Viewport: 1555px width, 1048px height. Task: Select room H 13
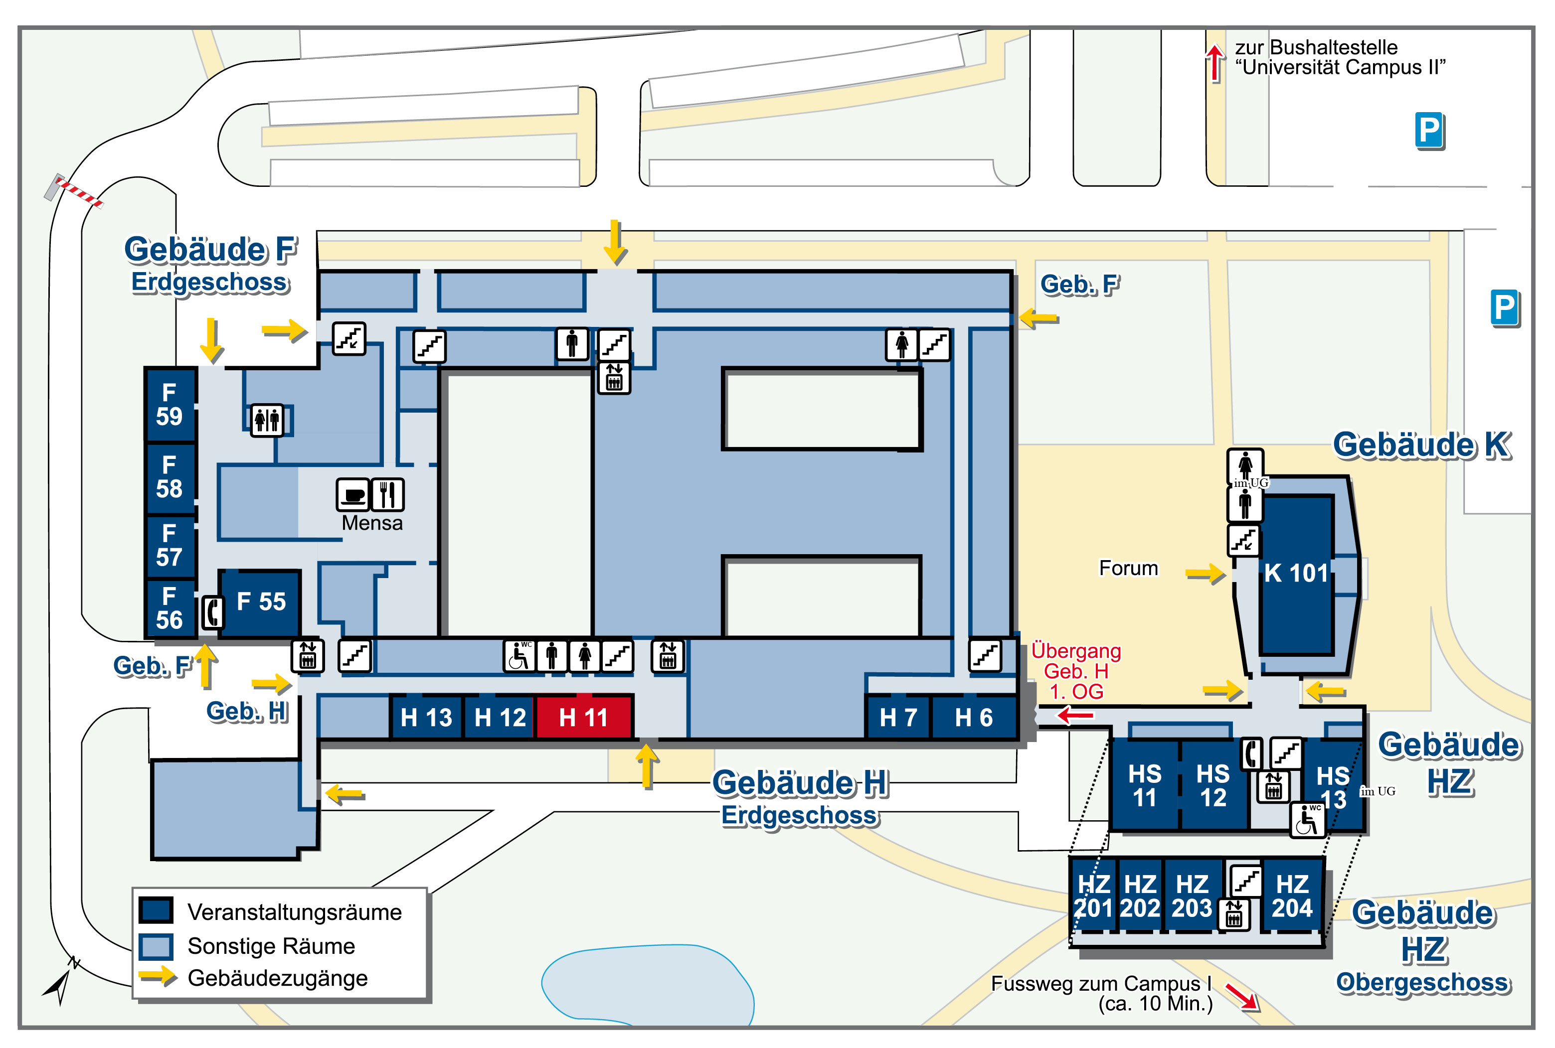pos(427,717)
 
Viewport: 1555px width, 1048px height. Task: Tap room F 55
pos(261,602)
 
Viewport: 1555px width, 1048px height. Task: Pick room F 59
pos(170,404)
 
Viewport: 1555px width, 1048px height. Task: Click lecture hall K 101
pos(1296,574)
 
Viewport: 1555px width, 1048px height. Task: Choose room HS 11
pos(1145,785)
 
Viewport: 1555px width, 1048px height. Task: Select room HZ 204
pos(1292,897)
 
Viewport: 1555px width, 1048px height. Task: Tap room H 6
pos(973,717)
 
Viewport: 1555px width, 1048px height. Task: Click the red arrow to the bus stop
pos(1214,63)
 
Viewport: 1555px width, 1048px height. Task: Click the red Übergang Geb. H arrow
pos(1074,716)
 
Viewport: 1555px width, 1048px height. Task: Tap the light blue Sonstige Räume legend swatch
pos(156,946)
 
